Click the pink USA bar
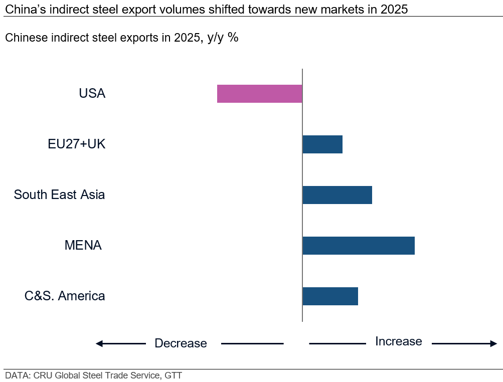(259, 94)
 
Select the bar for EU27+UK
(322, 144)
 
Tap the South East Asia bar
(337, 195)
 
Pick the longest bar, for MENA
(358, 246)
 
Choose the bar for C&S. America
(330, 296)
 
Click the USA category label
(92, 94)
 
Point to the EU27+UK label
(77, 144)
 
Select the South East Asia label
(59, 195)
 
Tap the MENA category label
(83, 246)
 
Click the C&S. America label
(65, 296)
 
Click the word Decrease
(181, 343)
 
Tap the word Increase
(398, 341)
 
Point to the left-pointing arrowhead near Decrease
(99, 343)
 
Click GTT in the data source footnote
(173, 375)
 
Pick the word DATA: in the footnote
(18, 375)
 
